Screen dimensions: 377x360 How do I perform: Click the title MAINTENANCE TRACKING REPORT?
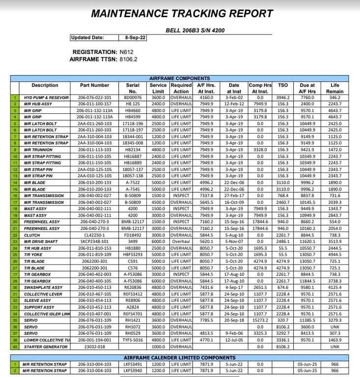tap(182, 13)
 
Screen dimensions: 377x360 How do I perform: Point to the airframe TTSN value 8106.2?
tap(129, 59)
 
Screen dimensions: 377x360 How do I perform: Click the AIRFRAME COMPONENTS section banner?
tap(179, 79)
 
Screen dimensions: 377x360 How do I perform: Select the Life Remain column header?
tap(335, 88)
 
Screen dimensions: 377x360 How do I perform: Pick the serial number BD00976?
tap(132, 98)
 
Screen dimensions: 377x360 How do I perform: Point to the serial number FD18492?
tap(132, 236)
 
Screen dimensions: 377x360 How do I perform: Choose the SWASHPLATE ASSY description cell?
tap(43, 287)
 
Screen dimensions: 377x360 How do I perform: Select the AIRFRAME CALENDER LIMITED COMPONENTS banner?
tap(179, 357)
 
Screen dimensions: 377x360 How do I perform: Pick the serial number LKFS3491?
tap(132, 364)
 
